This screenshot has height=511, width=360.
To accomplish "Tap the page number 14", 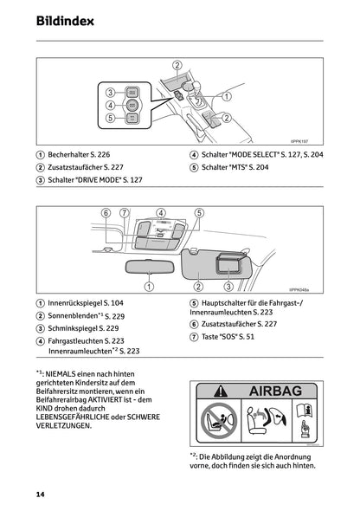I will click(42, 493).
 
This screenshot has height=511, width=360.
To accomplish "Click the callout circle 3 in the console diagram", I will click(112, 93).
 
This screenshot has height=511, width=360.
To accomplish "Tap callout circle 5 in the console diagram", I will click(112, 117).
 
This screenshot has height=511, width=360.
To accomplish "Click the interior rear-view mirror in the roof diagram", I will click(148, 267).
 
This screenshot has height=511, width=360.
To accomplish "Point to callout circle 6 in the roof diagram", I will click(106, 212).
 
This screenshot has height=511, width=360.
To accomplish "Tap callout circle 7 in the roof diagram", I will click(124, 212).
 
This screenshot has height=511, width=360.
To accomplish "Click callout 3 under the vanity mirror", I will click(228, 286).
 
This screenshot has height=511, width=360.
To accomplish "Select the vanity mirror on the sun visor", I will click(227, 263).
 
